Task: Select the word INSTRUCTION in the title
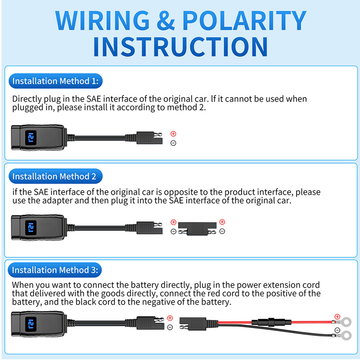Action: (180, 46)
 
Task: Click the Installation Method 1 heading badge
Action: (54, 81)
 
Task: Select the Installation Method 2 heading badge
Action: (54, 176)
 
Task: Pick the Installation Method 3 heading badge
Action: (54, 270)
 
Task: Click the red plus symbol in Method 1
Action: (173, 134)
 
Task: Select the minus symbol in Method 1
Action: (173, 143)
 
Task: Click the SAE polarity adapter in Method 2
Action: (197, 227)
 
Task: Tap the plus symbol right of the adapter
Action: (221, 222)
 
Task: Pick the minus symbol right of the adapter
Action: (221, 231)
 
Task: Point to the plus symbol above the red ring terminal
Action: (337, 316)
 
